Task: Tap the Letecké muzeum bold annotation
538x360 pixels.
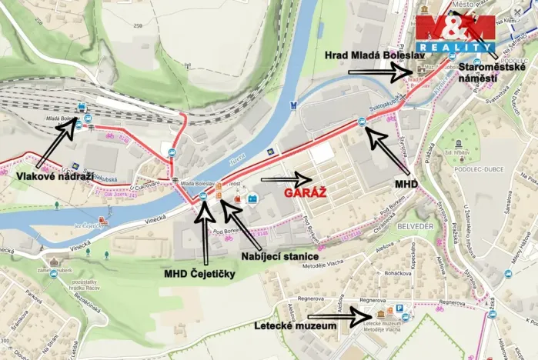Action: (x=296, y=326)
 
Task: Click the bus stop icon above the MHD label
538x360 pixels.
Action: (x=361, y=121)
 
